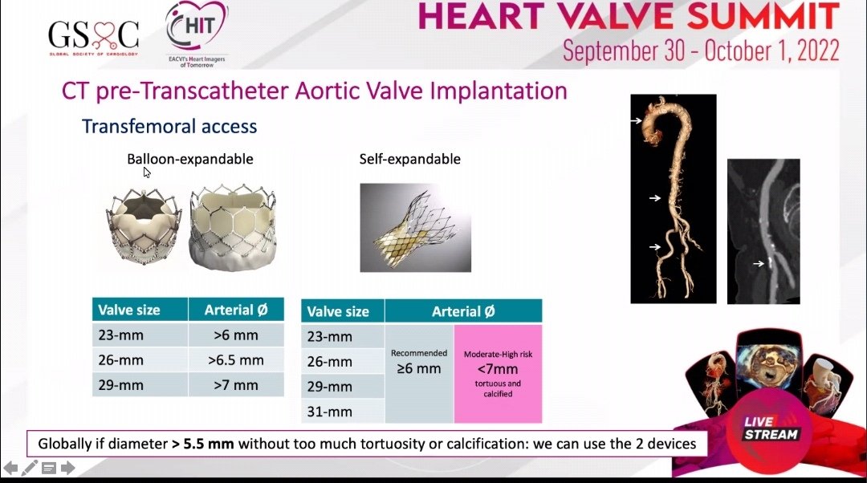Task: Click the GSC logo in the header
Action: pyautogui.click(x=93, y=34)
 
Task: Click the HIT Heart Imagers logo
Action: pyautogui.click(x=195, y=34)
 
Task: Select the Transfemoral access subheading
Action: pyautogui.click(x=169, y=126)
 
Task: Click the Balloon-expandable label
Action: pyautogui.click(x=190, y=159)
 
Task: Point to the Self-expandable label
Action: pyautogui.click(x=409, y=159)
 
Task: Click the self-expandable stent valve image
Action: pyautogui.click(x=414, y=227)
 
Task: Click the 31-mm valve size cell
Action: pyautogui.click(x=330, y=412)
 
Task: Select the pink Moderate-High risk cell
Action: pyautogui.click(x=498, y=373)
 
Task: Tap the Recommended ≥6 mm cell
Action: pyautogui.click(x=418, y=363)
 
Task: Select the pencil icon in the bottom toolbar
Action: pyautogui.click(x=30, y=467)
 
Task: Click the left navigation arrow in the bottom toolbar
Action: pyautogui.click(x=10, y=467)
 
